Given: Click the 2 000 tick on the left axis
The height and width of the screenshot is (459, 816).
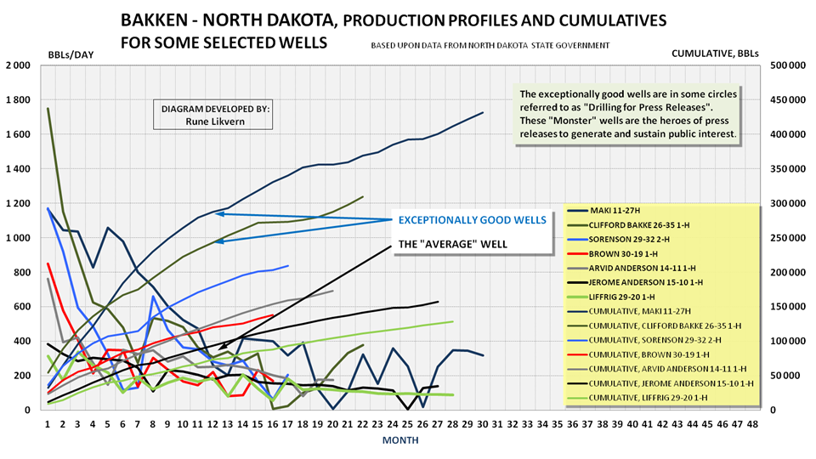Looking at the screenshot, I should pyautogui.click(x=17, y=66).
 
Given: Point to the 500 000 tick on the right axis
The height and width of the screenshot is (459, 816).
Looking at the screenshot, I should pyautogui.click(x=787, y=66).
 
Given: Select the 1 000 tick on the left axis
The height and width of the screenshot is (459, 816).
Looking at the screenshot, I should pyautogui.click(x=17, y=238).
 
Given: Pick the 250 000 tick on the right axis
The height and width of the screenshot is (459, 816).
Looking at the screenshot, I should pyautogui.click(x=787, y=238).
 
